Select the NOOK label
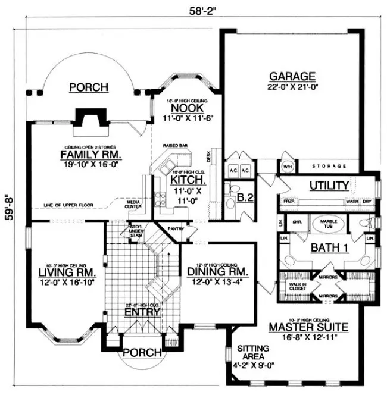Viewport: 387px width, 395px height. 184,109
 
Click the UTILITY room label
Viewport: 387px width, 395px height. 328,186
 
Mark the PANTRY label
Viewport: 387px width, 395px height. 177,228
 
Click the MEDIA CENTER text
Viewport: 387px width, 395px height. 133,205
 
